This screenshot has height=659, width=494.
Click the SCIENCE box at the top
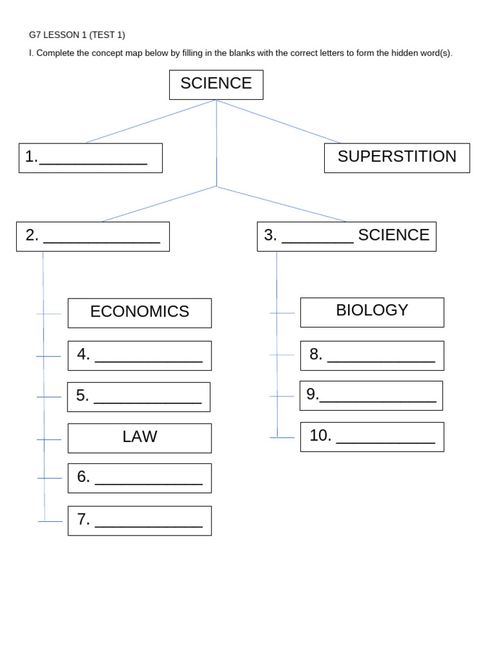pos(216,84)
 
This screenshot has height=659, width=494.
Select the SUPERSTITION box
pos(397,158)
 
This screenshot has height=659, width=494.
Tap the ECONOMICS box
pos(140,313)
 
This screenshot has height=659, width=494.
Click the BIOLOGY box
pos(372,311)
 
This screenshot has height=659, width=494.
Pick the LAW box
pos(140,438)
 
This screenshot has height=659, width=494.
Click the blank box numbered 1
pos(91,158)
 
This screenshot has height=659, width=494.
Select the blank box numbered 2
pos(93,236)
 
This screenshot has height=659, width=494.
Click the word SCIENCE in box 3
pos(394,236)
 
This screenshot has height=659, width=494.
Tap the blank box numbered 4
pos(140,355)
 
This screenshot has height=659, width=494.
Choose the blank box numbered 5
pos(139,396)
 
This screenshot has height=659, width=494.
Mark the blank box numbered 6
pos(140,478)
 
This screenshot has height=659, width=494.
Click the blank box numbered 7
pos(140,520)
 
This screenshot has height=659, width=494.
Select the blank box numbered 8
pos(372,355)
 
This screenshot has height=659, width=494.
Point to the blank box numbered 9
pos(371,395)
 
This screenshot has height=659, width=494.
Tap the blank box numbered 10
pos(372,436)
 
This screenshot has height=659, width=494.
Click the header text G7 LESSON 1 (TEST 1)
pos(77,35)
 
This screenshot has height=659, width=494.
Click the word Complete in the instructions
pos(55,53)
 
